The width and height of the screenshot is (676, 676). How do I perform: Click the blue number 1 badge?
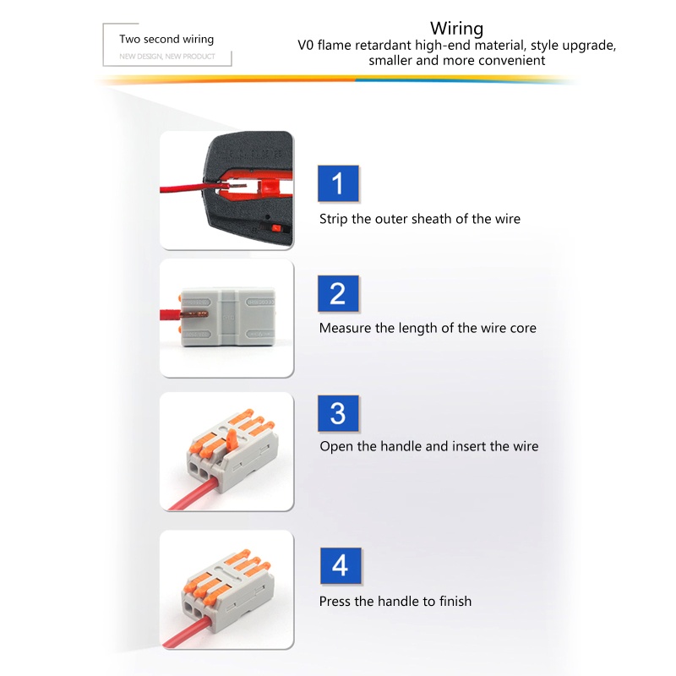click(339, 183)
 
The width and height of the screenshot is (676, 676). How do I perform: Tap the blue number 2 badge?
click(338, 293)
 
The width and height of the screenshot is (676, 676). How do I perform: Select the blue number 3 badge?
click(338, 413)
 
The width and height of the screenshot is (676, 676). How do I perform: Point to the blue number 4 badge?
click(340, 565)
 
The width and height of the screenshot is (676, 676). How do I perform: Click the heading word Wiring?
click(457, 29)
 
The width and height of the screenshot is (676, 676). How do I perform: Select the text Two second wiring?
click(166, 39)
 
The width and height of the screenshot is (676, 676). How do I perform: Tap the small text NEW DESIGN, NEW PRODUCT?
click(167, 57)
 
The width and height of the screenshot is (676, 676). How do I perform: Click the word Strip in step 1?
click(333, 219)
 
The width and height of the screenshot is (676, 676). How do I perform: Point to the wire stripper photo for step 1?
click(226, 190)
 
